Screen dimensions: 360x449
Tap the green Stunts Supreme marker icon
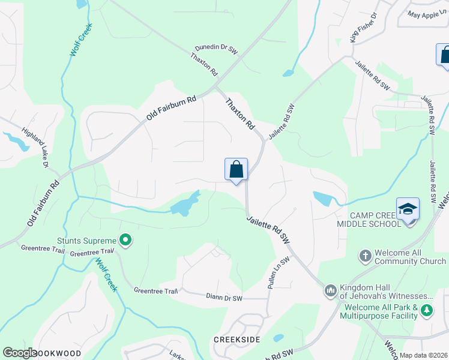[125, 241]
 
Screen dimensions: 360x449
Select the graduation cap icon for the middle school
[408, 209]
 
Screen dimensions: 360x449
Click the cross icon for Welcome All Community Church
[364, 256]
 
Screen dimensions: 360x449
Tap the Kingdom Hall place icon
[330, 291]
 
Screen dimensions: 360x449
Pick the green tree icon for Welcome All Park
[427, 310]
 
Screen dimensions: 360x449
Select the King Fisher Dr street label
[363, 27]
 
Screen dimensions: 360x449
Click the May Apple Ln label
[427, 13]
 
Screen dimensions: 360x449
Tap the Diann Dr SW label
[223, 298]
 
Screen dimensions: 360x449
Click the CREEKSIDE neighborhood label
[237, 340]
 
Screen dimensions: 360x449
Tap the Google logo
[19, 353]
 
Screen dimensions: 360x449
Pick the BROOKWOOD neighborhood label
[57, 353]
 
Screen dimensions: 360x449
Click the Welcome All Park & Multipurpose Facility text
[381, 311]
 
